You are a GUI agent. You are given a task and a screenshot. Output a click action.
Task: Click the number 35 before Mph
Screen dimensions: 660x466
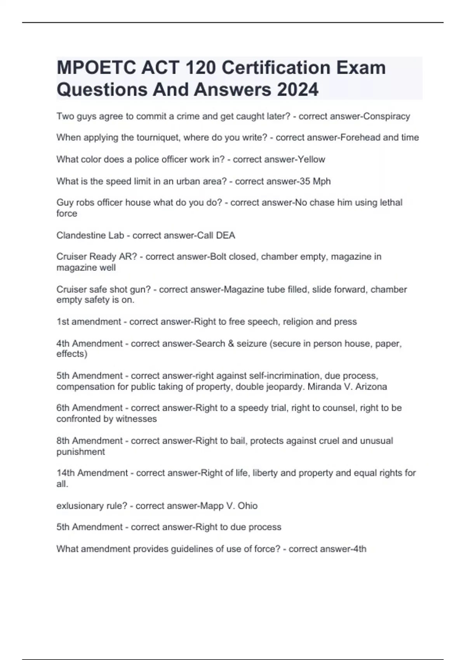(x=303, y=181)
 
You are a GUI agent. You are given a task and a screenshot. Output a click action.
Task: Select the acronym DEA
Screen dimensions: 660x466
(x=226, y=235)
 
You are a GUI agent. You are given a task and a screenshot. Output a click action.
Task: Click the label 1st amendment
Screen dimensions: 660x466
(x=89, y=321)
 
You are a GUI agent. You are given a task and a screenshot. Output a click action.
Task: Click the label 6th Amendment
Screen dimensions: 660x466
(x=89, y=408)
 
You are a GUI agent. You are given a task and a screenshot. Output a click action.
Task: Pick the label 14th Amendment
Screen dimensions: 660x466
(x=92, y=473)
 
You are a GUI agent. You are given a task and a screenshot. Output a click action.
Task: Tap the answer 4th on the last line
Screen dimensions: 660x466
(x=360, y=549)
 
